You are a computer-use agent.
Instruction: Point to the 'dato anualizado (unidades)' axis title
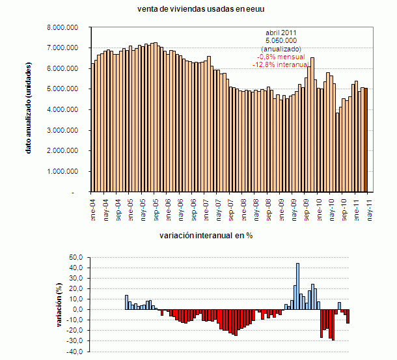(29, 109)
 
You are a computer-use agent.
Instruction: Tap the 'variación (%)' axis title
(59, 303)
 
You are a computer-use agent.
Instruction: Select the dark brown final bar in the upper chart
(366, 141)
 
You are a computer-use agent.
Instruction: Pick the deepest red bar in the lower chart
(333, 324)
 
